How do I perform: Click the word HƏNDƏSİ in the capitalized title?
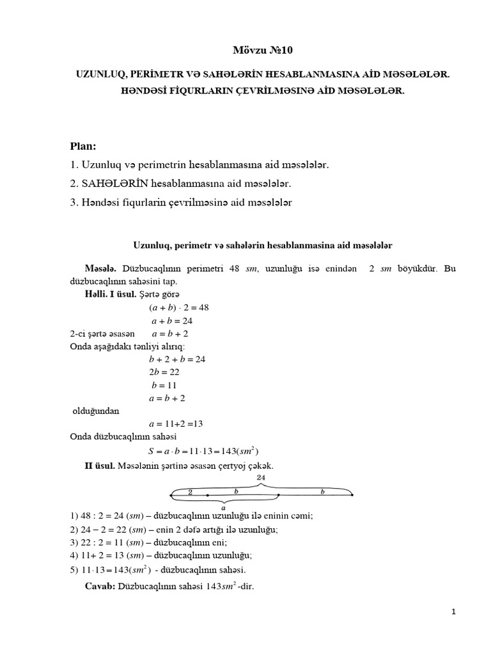(x=147, y=91)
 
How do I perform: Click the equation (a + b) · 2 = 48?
(x=175, y=307)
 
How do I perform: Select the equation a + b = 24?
(x=171, y=320)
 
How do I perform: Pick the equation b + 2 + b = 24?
(x=176, y=359)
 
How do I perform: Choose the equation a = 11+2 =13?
(x=175, y=423)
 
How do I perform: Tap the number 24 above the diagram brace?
(x=260, y=478)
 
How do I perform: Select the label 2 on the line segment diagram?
(x=190, y=492)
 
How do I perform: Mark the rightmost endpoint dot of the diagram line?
(x=352, y=495)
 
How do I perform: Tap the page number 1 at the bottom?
(x=453, y=612)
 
